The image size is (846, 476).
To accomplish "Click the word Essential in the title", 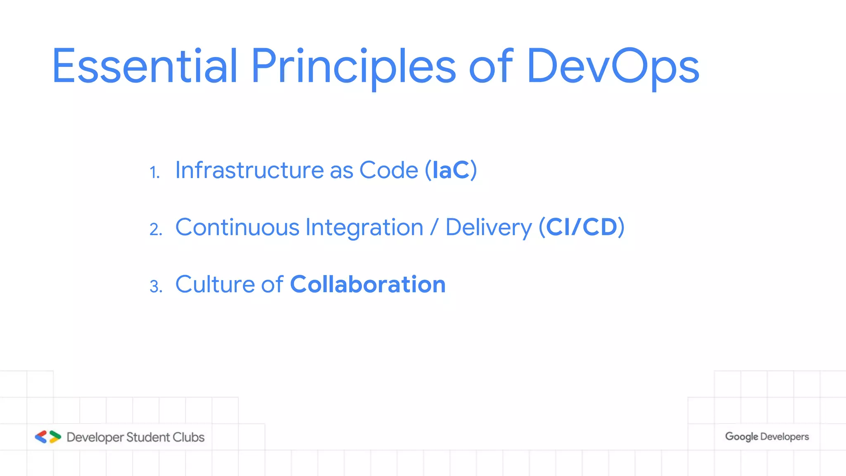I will pyautogui.click(x=145, y=66).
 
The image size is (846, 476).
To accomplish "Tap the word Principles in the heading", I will pyautogui.click(x=353, y=66).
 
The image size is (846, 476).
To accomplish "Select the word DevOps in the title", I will pyautogui.click(x=613, y=66).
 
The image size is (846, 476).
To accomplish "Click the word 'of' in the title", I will pyautogui.click(x=491, y=66).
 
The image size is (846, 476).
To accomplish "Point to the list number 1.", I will pyautogui.click(x=154, y=172).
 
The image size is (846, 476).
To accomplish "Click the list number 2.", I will pyautogui.click(x=156, y=229).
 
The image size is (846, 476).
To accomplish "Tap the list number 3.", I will pyautogui.click(x=156, y=286).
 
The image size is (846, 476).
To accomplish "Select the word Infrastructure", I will pyautogui.click(x=250, y=170).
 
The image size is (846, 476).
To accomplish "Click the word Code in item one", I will pyautogui.click(x=389, y=170).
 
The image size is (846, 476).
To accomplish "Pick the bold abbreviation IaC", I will pyautogui.click(x=451, y=170).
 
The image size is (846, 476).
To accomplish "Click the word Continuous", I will pyautogui.click(x=237, y=227).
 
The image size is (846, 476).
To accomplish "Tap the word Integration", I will pyautogui.click(x=364, y=228).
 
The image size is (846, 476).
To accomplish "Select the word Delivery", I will pyautogui.click(x=489, y=228).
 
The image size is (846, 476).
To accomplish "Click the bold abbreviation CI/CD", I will pyautogui.click(x=582, y=227).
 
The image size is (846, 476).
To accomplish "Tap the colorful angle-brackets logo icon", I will pyautogui.click(x=48, y=437).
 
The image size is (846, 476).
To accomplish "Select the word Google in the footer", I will pyautogui.click(x=741, y=437).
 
